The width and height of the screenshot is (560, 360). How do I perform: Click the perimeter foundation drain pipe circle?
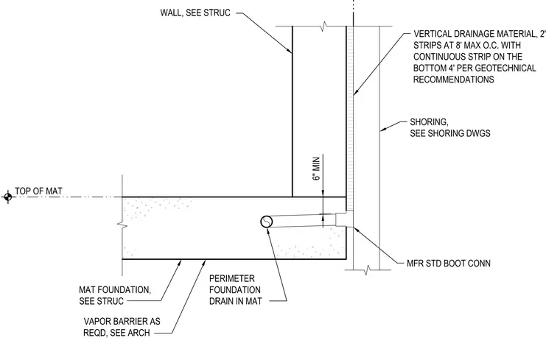(267, 222)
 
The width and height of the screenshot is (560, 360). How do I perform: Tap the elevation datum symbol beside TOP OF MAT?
(8, 197)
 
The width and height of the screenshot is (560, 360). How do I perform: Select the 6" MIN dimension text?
(316, 169)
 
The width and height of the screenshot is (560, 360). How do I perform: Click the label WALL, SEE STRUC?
(195, 13)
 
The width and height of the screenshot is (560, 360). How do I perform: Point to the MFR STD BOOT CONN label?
(449, 264)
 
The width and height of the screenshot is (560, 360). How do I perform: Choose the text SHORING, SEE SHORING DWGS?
(450, 128)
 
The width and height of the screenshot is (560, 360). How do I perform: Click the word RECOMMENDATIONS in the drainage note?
(454, 80)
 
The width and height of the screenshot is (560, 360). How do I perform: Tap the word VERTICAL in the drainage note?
(432, 34)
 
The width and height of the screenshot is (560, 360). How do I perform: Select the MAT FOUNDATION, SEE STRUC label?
(115, 295)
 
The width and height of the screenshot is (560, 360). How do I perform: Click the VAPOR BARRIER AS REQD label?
(122, 327)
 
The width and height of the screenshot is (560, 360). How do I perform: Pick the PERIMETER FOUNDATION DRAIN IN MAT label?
(235, 290)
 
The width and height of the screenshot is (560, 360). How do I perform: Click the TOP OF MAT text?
(38, 191)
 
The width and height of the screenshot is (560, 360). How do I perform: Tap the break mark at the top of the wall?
(323, 26)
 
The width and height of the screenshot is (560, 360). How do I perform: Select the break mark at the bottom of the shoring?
(367, 269)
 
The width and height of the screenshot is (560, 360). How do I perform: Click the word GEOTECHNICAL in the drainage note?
(508, 68)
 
